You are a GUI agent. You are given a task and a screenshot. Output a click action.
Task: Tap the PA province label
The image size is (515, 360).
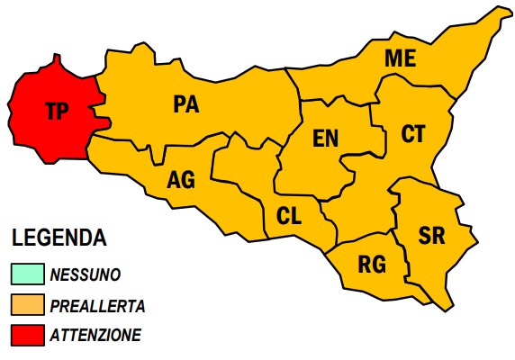[x=185, y=104]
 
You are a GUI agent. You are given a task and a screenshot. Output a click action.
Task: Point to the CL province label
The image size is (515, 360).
[x=288, y=216]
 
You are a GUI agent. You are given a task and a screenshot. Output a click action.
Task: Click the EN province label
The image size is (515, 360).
[x=325, y=138]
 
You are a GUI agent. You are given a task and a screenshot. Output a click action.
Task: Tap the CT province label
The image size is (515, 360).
[x=413, y=134]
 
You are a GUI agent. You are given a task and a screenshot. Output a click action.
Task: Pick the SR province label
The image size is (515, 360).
[x=432, y=236]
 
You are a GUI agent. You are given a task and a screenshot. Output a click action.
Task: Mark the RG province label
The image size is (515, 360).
[x=372, y=265]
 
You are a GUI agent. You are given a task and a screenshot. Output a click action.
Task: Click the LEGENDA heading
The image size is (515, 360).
[x=59, y=238]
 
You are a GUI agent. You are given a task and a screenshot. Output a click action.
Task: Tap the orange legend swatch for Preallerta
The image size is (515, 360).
[x=27, y=306]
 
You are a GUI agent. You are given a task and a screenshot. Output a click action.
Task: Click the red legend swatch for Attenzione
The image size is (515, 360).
[x=27, y=336]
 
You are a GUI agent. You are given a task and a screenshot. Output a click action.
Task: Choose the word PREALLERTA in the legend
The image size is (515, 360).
[x=97, y=306]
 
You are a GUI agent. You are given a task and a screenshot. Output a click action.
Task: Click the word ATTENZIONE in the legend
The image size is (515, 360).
[x=95, y=336]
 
